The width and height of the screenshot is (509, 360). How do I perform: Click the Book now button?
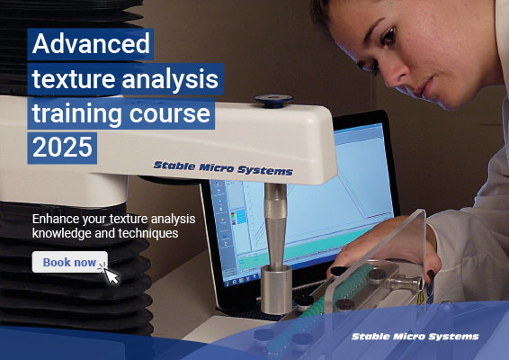[x=69, y=262]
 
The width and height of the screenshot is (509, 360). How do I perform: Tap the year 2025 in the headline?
[x=63, y=147]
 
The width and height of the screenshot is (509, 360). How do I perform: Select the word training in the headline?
[x=77, y=114]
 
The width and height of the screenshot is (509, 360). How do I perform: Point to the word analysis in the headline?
[x=174, y=80]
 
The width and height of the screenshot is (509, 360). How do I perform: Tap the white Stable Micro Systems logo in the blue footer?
[x=415, y=337]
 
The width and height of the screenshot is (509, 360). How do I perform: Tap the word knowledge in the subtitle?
[x=63, y=233]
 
